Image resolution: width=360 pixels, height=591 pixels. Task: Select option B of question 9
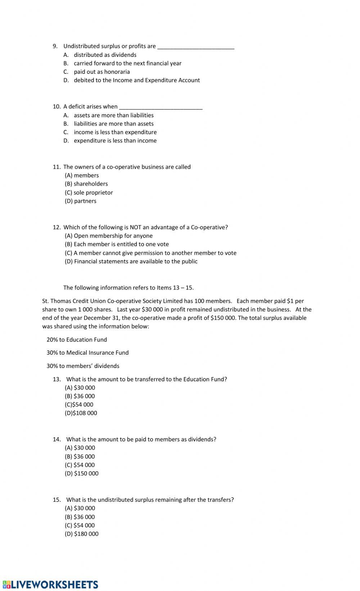click(127, 63)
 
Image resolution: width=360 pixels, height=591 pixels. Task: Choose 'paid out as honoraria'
click(102, 72)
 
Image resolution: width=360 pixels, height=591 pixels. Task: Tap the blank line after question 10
click(161, 107)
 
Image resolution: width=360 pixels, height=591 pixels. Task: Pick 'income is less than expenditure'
click(115, 132)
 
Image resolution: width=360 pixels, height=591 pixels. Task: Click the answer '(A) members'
click(82, 176)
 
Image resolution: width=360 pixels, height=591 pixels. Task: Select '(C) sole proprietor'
click(89, 193)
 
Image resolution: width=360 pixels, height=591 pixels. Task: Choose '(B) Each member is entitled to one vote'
click(117, 244)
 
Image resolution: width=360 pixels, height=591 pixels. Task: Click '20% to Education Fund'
click(77, 340)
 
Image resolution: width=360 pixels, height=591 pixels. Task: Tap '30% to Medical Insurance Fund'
click(87, 353)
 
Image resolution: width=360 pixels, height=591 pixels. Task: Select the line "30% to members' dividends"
click(83, 366)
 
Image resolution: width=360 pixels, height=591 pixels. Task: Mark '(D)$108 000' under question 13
click(81, 413)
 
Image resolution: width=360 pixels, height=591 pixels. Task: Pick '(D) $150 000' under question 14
click(82, 474)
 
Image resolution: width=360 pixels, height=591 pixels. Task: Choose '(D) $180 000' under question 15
click(82, 534)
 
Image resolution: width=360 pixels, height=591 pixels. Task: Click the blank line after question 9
click(196, 47)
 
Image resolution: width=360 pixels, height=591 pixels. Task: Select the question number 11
click(57, 167)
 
